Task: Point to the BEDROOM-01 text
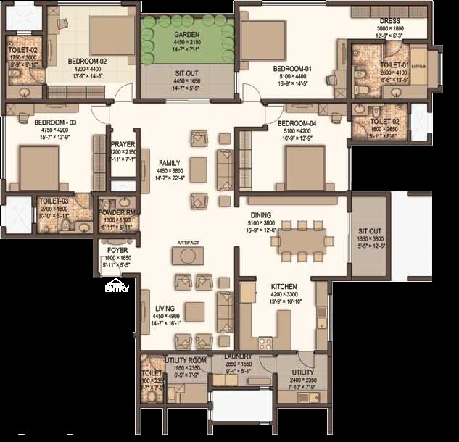click(x=291, y=69)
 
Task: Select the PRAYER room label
click(x=123, y=144)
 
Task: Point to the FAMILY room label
click(x=169, y=164)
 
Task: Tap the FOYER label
click(x=117, y=250)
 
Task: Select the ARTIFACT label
click(x=187, y=243)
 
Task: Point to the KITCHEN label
click(x=285, y=287)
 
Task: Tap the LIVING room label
click(x=166, y=309)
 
